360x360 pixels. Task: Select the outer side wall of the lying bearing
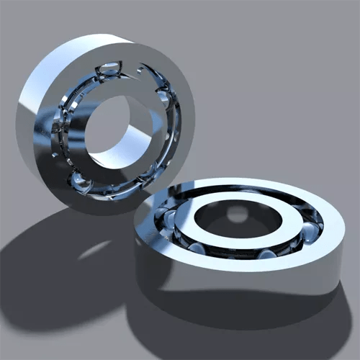[238, 281]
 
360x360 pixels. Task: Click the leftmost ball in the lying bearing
[167, 216]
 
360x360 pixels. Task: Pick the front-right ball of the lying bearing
[266, 253]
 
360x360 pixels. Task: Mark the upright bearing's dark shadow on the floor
[43, 274]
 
